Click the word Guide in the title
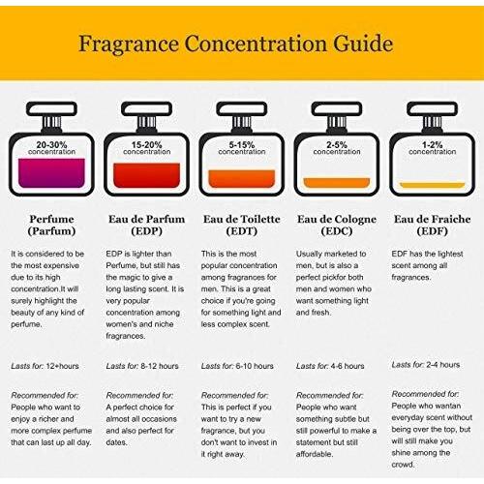[363, 44]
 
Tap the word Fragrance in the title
[129, 45]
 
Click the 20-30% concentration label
[51, 148]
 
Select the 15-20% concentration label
[147, 148]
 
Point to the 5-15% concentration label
[242, 148]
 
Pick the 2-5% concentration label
[337, 148]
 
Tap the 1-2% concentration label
[433, 148]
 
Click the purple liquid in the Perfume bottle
[51, 173]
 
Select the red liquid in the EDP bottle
[147, 175]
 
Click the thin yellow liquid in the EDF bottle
[433, 185]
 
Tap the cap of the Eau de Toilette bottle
[242, 108]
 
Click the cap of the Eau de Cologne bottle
[337, 108]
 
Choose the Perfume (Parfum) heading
[51, 226]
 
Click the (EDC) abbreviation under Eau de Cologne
[337, 231]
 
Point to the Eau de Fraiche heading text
[433, 220]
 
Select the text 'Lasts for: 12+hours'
[45, 366]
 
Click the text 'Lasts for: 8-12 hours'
[142, 366]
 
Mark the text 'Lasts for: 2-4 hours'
[426, 365]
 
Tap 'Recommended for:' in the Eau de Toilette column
[234, 395]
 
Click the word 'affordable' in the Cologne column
[315, 454]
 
